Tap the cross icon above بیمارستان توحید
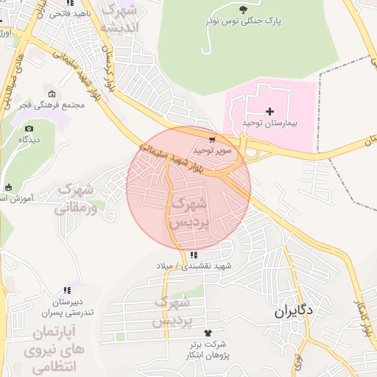coord(269,110)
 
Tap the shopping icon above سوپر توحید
coord(212,138)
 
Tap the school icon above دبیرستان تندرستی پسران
coord(67,291)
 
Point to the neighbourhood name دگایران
coord(293,311)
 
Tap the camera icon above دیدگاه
coord(29,128)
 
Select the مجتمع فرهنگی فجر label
coord(52,105)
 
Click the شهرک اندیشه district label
coord(120,19)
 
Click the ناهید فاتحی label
coord(72,13)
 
